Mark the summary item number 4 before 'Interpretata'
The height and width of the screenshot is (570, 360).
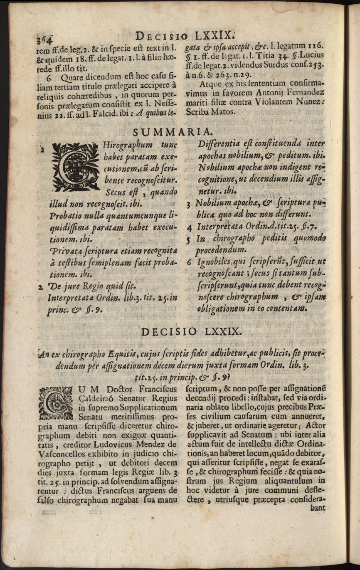(x=189, y=228)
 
